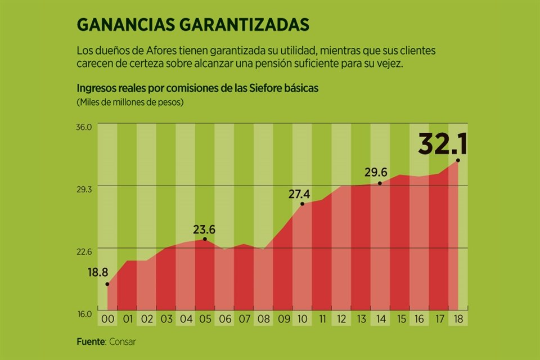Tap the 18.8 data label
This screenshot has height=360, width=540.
[97, 272]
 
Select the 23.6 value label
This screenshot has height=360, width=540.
[204, 229]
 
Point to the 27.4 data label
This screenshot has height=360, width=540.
[299, 194]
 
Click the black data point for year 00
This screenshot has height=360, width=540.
[107, 284]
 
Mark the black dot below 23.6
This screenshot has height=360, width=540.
[205, 239]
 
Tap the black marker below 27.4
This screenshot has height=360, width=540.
[302, 204]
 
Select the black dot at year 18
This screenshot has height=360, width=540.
[458, 160]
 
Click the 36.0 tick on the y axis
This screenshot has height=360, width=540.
[84, 128]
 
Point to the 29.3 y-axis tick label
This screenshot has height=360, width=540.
[84, 189]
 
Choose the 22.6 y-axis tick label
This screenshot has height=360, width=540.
[84, 251]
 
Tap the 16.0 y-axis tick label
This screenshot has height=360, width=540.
[84, 313]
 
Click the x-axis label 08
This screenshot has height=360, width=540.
[263, 319]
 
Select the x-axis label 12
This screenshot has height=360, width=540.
[341, 319]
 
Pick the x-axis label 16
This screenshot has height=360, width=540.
[419, 319]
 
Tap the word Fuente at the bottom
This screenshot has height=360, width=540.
[90, 341]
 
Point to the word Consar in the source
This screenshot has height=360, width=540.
[122, 341]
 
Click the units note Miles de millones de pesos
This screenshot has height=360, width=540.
[130, 102]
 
